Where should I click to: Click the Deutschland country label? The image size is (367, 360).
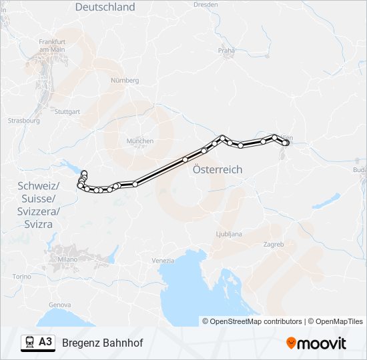[105, 7]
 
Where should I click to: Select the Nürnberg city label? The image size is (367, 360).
[125, 80]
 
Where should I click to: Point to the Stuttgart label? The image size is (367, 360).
[66, 112]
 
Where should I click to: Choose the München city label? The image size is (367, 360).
[140, 141]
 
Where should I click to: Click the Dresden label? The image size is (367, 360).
[206, 4]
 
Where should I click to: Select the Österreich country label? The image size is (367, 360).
[217, 170]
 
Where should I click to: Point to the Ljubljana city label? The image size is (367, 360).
[229, 234]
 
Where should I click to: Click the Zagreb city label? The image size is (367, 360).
[274, 245]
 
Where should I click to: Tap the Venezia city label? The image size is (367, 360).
[163, 260]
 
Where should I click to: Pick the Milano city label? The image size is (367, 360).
[67, 259]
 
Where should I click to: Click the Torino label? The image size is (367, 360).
[22, 276]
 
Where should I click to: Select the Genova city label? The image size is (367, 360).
[60, 305]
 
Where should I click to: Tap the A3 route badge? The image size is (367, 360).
[45, 342]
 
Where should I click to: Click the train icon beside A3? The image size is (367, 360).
[29, 342]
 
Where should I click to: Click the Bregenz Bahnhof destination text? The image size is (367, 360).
[102, 343]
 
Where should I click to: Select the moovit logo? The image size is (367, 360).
[316, 343]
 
